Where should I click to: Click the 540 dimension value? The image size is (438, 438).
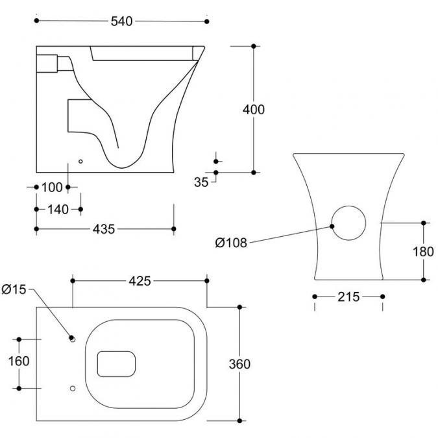[x=121, y=21]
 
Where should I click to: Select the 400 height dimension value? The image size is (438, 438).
[x=253, y=110]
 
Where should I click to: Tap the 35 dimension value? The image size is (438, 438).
[x=201, y=182]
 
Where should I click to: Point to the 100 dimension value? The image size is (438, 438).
[x=51, y=188]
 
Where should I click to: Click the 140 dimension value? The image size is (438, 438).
[x=58, y=209]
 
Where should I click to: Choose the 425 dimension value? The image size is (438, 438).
[x=140, y=281]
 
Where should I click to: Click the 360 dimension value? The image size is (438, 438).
[x=240, y=364]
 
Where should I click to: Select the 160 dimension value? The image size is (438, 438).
[x=19, y=361]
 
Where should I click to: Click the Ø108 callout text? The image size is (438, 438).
[x=232, y=243]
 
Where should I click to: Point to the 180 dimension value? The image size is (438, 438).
[x=424, y=250]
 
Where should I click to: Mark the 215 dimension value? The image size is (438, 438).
[x=348, y=297]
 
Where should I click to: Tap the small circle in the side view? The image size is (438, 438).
[x=81, y=161]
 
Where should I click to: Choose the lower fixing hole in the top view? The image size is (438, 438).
[x=72, y=388]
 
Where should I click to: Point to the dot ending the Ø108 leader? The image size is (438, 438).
[x=332, y=226]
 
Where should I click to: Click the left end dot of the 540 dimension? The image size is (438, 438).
[x=37, y=21]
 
